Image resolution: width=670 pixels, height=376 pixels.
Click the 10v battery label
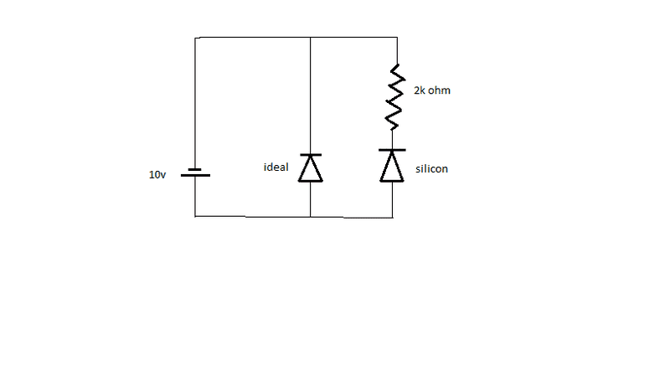[x=157, y=175]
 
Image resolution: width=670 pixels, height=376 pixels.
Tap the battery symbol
[x=195, y=173]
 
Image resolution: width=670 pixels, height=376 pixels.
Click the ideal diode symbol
[x=311, y=168]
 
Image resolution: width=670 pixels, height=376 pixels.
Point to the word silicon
[x=431, y=168]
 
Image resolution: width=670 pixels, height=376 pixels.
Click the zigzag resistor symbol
[x=394, y=97]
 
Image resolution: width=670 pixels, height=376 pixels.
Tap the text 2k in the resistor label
[x=420, y=90]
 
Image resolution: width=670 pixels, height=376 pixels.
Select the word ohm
[x=441, y=90]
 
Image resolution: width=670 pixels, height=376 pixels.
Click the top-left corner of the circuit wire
[x=195, y=38]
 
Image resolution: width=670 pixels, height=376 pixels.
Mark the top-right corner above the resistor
[x=396, y=38]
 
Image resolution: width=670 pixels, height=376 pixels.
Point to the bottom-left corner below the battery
[x=195, y=216]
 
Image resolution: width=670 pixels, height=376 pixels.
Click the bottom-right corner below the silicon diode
[x=392, y=217]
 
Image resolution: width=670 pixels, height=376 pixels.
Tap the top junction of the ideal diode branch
[x=311, y=38]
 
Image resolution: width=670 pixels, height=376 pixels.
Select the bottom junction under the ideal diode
[x=311, y=216]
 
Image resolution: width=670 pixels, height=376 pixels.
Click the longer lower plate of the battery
[x=195, y=176]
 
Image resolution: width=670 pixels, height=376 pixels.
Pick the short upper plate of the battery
[x=195, y=168]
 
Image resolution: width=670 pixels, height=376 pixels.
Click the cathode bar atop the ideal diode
[x=311, y=155]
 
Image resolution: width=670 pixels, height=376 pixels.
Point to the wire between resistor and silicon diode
[x=392, y=139]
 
